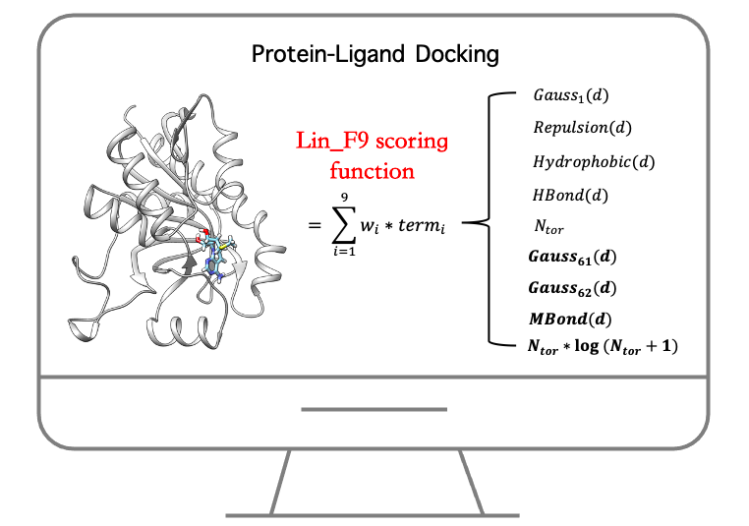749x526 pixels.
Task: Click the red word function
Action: (x=372, y=170)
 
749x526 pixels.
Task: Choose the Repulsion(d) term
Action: (x=582, y=128)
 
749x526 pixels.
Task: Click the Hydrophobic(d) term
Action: (x=594, y=160)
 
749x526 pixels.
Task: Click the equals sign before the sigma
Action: (x=315, y=225)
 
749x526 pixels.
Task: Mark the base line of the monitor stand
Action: (x=374, y=514)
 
